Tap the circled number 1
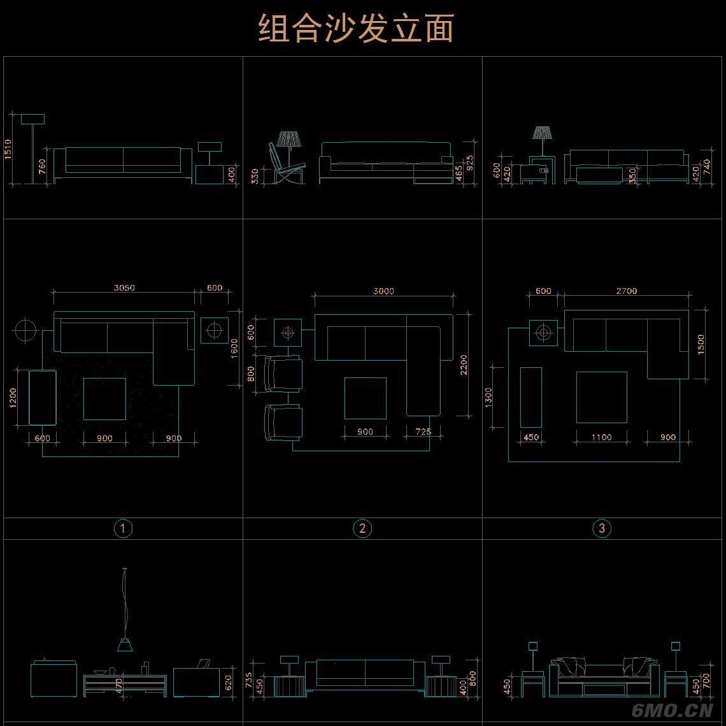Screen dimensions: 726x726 point(123,528)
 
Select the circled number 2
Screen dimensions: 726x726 point(362,528)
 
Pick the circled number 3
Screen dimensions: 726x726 point(602,528)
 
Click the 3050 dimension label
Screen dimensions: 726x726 point(124,287)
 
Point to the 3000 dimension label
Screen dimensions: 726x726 point(383,291)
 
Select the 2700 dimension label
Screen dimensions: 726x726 point(626,291)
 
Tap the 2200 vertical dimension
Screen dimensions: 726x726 point(464,365)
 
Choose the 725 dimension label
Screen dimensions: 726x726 point(423,432)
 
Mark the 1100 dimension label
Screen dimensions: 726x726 point(601,437)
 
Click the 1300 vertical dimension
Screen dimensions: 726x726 point(488,398)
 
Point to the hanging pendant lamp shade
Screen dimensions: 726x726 point(125,645)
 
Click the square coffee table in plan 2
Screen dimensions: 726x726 point(365,398)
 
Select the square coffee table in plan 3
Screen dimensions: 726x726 point(601,397)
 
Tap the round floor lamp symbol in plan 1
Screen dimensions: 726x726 point(25,330)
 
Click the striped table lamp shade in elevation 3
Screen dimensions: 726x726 point(543,133)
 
